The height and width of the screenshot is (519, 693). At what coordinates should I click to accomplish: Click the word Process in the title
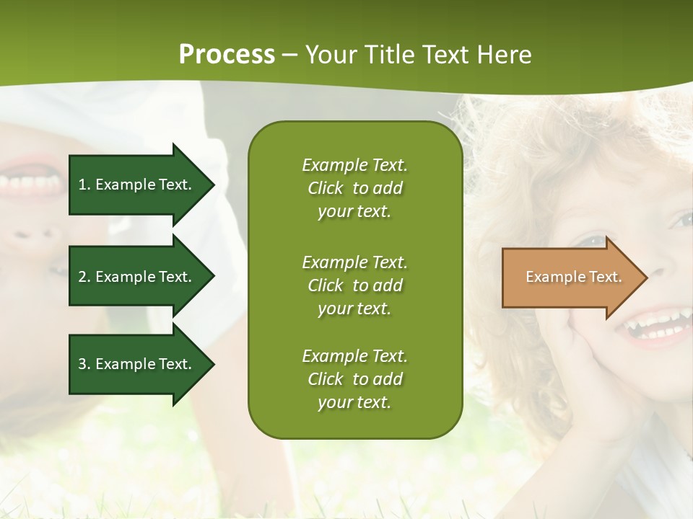click(227, 55)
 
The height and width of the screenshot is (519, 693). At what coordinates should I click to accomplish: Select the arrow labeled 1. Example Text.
click(137, 185)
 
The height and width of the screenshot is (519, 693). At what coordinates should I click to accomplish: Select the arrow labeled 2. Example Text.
click(137, 277)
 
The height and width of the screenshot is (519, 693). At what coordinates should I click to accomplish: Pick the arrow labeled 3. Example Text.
click(137, 364)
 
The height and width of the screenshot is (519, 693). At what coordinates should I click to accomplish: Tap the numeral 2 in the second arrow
click(82, 277)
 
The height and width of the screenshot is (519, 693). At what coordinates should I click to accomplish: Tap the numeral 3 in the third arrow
click(82, 364)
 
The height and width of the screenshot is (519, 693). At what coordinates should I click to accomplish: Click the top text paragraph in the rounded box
click(354, 188)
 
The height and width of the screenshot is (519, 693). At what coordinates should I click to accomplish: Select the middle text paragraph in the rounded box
click(354, 285)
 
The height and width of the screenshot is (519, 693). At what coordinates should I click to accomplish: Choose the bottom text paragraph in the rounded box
click(354, 379)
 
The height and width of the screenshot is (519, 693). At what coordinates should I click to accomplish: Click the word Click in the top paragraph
click(326, 188)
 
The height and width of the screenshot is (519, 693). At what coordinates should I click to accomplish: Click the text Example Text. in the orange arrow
click(573, 277)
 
